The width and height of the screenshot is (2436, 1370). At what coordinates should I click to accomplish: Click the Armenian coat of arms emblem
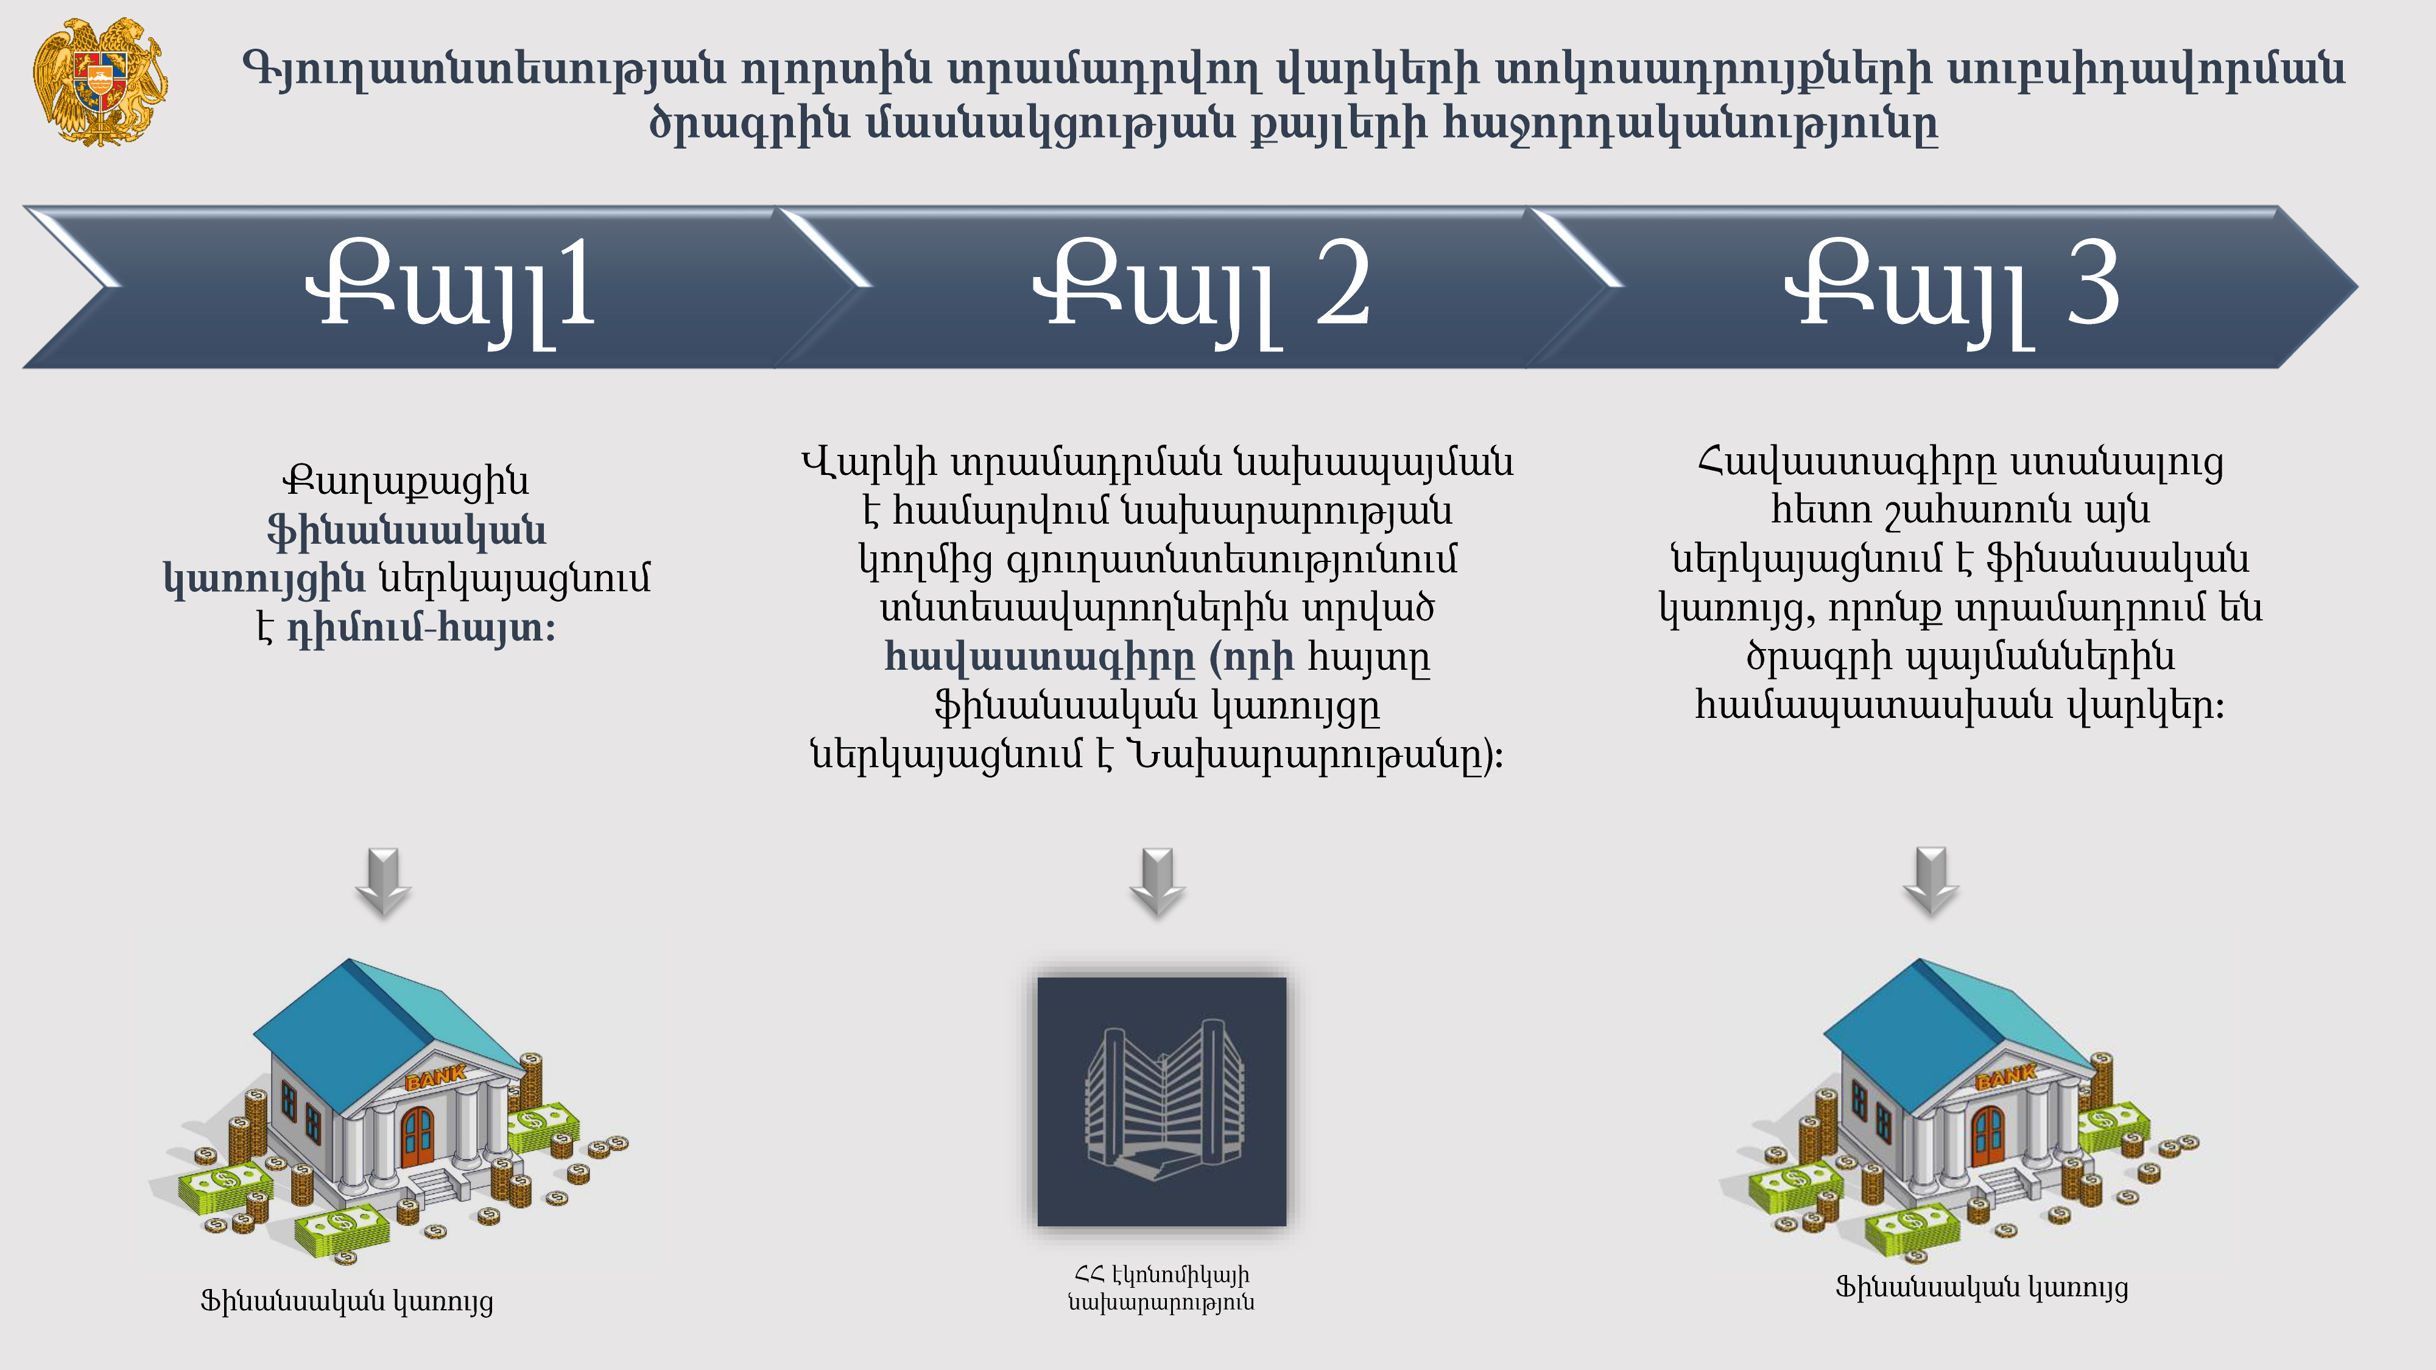tap(100, 82)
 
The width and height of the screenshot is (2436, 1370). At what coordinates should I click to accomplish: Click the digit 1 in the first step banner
tap(576, 284)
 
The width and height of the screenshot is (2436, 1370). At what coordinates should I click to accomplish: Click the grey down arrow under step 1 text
tap(383, 882)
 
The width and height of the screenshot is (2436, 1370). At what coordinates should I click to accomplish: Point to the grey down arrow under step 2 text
tap(1158, 882)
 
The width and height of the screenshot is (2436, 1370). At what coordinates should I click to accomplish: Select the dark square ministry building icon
tap(1161, 1101)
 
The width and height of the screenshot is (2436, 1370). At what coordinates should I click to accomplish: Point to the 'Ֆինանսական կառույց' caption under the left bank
tap(347, 1301)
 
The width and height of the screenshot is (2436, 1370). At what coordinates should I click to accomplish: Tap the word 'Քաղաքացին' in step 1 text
tap(406, 480)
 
